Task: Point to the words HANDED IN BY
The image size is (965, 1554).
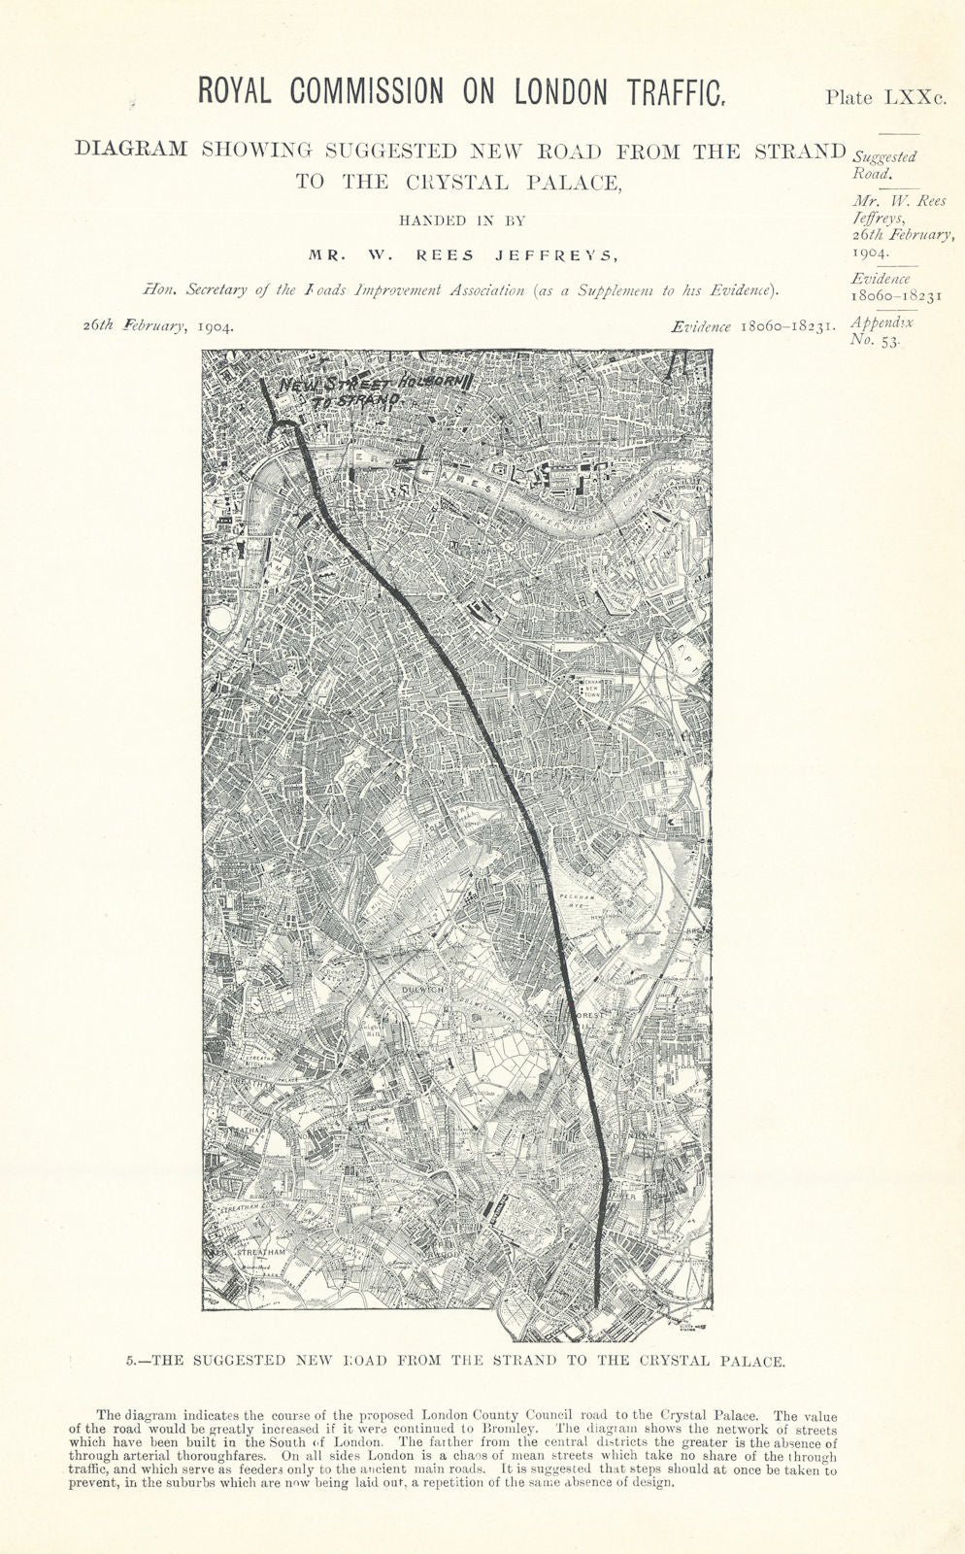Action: [x=455, y=220]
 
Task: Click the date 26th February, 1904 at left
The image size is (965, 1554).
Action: [x=158, y=326]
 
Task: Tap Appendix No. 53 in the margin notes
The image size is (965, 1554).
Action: [x=882, y=331]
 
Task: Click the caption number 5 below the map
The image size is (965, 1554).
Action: [x=131, y=1361]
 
